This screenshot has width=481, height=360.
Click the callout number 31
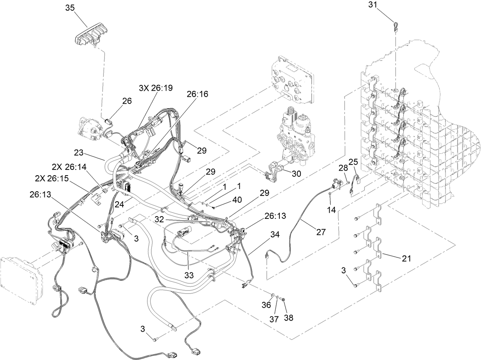pyautogui.click(x=374, y=5)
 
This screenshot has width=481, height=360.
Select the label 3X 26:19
pyautogui.click(x=155, y=88)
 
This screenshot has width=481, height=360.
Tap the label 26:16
pyautogui.click(x=197, y=94)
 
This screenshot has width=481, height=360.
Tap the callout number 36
pyautogui.click(x=266, y=305)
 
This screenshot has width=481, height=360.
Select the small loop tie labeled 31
pyautogui.click(x=395, y=26)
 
